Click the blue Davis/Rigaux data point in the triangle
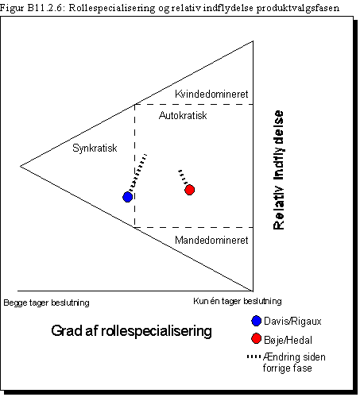point(127,197)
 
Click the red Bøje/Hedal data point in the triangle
point(190,190)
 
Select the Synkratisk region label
point(95,148)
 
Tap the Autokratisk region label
point(183,116)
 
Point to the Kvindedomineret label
point(211,94)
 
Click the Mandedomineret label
point(211,240)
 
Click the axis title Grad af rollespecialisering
point(131,331)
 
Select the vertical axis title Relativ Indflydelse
point(278,170)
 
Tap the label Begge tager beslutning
point(46,303)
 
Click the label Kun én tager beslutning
point(238,301)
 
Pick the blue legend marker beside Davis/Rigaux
point(256,321)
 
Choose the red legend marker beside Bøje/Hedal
point(256,338)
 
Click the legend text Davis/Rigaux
point(292,322)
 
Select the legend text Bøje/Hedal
point(288,340)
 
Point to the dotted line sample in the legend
point(254,357)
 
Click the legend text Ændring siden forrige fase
point(294,362)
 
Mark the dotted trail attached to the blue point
point(137,172)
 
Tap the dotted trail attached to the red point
point(183,177)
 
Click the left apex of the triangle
point(21,166)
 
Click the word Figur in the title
point(12,8)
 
